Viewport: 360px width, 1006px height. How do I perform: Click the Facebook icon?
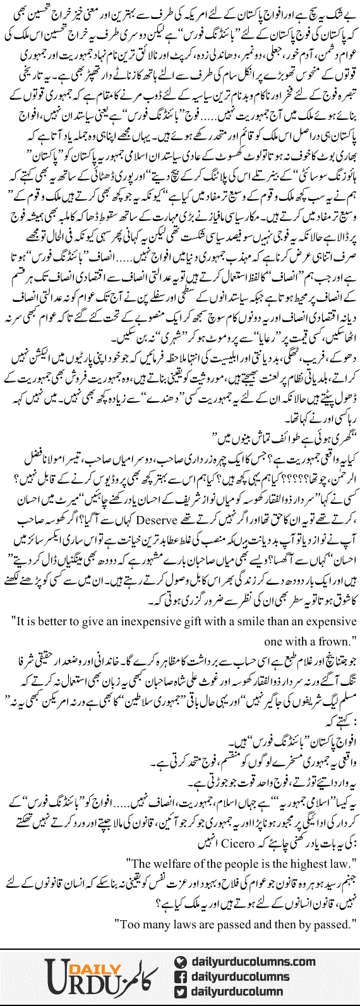pos(181,976)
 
